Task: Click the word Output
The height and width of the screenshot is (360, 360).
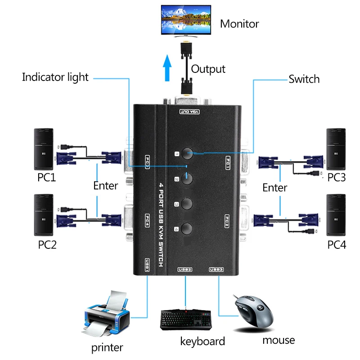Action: (x=208, y=69)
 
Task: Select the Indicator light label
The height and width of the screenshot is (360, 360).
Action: (x=55, y=77)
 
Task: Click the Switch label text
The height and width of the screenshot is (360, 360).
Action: (x=304, y=79)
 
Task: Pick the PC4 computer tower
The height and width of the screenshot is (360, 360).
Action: (x=336, y=215)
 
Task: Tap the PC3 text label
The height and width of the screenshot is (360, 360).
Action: (x=336, y=178)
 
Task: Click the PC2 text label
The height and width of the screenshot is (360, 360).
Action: (x=47, y=245)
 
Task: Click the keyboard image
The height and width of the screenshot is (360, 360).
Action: (x=186, y=319)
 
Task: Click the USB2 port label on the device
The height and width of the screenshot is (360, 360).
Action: (x=185, y=270)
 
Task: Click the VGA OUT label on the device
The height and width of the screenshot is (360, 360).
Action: (x=186, y=111)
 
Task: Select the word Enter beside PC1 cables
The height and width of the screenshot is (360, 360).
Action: (x=106, y=185)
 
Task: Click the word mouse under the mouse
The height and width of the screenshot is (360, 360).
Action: (x=279, y=340)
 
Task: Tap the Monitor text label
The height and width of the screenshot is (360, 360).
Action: (x=239, y=23)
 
